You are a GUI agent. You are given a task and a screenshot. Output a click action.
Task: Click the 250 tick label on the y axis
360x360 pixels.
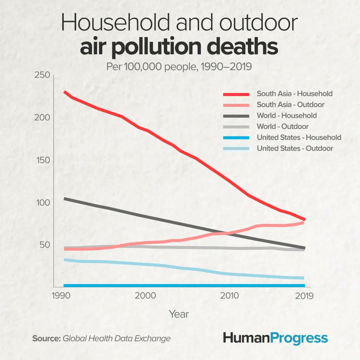(x=42, y=75)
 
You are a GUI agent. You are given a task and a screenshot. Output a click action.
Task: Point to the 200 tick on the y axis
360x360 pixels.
(x=42, y=118)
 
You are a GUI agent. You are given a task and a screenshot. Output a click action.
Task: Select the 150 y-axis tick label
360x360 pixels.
(x=42, y=160)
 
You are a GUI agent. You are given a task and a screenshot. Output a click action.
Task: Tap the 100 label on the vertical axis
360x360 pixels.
(x=42, y=202)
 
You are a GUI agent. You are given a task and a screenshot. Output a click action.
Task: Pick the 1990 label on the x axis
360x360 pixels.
(x=60, y=295)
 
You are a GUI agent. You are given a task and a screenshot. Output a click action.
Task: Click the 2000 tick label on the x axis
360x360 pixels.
(x=145, y=295)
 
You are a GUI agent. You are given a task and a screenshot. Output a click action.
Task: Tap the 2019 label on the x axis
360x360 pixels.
(x=303, y=295)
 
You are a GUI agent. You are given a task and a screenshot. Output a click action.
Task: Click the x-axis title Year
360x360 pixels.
(x=179, y=314)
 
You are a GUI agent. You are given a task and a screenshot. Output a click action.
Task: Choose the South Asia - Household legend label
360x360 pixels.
(x=294, y=93)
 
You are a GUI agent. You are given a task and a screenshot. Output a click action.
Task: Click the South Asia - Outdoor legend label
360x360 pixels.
(x=290, y=105)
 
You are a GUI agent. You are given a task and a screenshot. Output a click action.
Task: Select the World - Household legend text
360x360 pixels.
(x=286, y=115)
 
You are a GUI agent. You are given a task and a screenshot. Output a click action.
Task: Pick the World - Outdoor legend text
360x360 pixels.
(x=282, y=126)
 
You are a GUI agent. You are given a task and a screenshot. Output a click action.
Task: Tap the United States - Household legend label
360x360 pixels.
(x=299, y=137)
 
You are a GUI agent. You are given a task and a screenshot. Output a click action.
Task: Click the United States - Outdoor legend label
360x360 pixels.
(x=295, y=148)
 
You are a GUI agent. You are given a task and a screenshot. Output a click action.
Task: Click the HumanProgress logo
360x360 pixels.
(x=275, y=338)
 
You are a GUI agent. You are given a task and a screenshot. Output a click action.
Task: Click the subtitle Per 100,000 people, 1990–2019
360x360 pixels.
(x=179, y=67)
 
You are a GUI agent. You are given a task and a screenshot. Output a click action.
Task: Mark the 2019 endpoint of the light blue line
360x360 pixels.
(x=303, y=278)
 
